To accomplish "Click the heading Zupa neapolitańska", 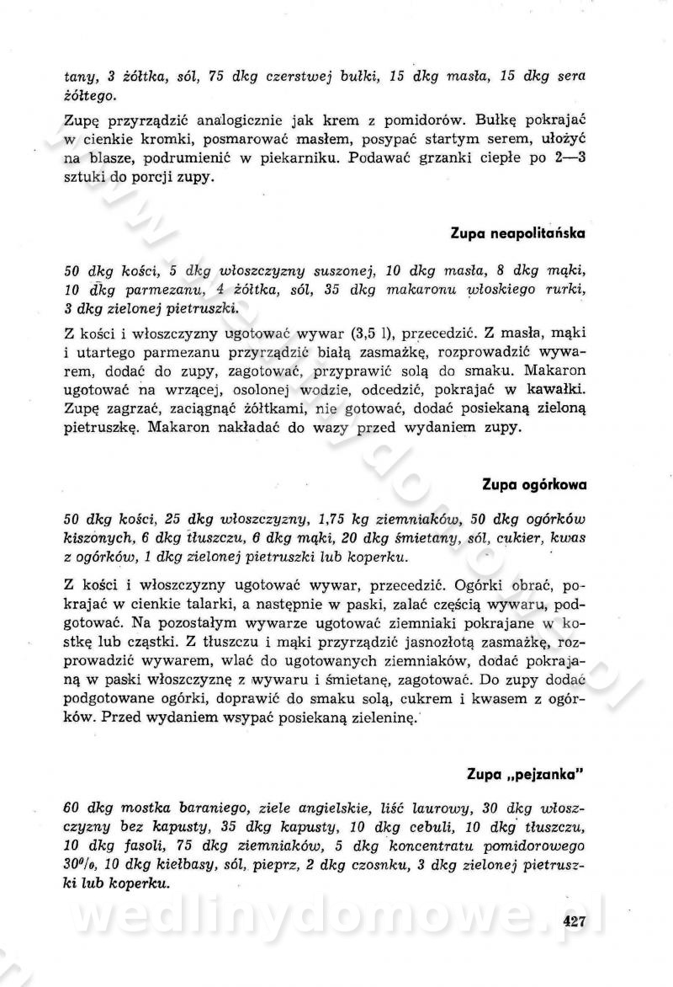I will pos(517,232).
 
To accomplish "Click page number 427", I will pos(575,920).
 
